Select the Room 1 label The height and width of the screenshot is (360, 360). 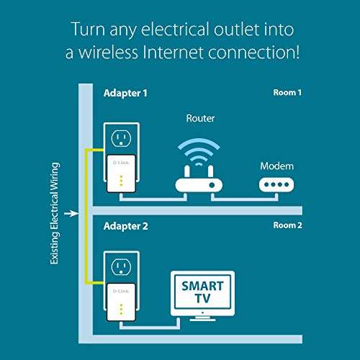point(288,93)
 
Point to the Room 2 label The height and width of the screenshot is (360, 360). point(288,226)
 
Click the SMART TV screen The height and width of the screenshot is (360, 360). point(203,292)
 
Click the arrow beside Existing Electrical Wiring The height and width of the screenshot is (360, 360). point(68,213)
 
